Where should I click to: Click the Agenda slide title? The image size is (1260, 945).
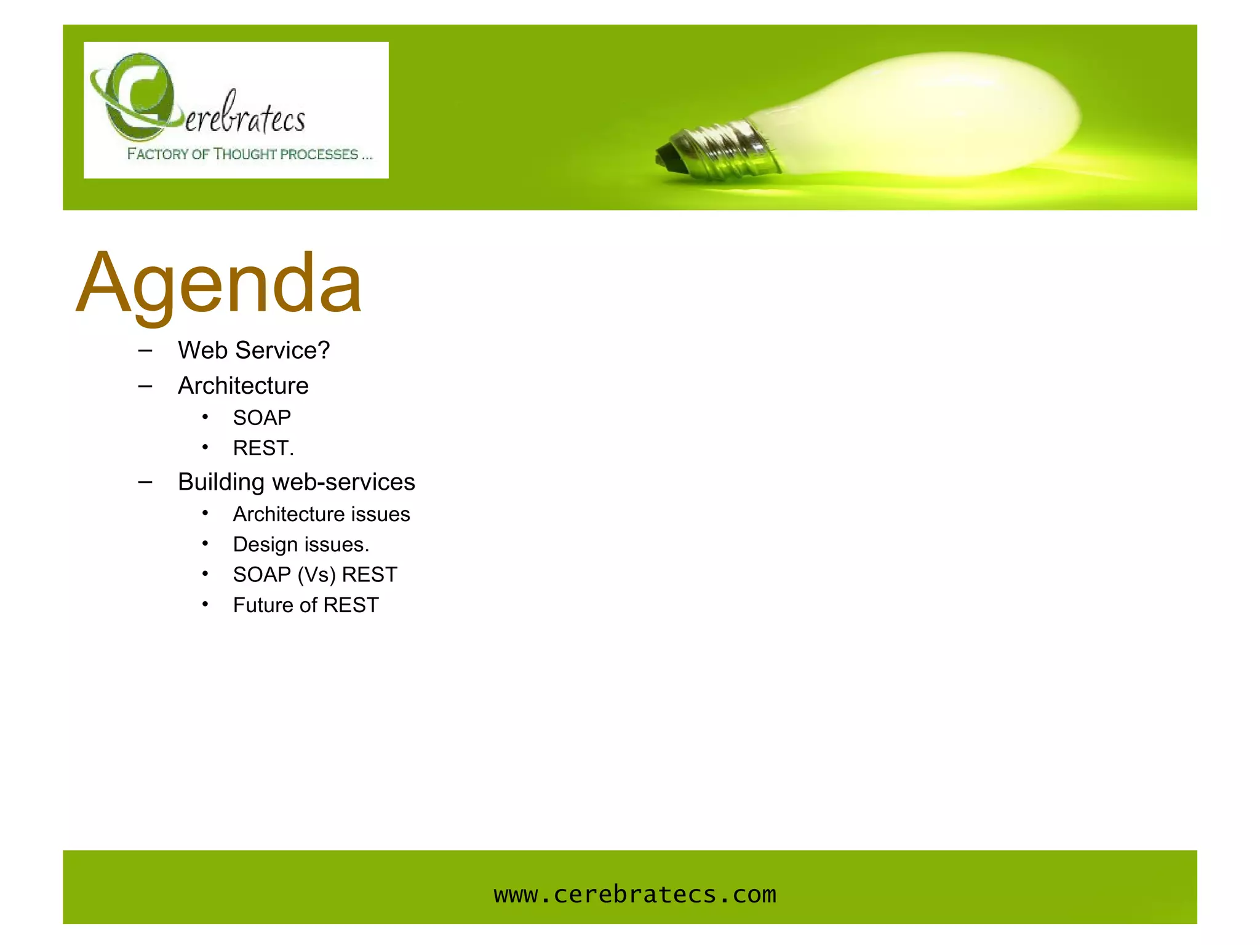point(219,284)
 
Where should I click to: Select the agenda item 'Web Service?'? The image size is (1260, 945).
point(253,351)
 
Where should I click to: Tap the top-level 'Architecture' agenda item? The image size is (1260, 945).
point(243,386)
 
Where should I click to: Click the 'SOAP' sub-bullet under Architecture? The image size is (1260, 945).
point(261,418)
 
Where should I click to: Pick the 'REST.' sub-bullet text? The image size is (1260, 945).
point(263,448)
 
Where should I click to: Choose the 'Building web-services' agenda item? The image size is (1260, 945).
point(296,482)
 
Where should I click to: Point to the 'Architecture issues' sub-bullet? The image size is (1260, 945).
point(321,514)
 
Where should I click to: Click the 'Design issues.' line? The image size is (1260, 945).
point(301,544)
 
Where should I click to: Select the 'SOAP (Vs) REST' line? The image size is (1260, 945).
point(315,575)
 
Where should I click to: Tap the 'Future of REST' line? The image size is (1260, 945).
point(306,605)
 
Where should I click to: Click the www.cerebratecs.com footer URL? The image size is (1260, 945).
point(635,895)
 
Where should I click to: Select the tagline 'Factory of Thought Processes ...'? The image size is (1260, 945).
point(249,154)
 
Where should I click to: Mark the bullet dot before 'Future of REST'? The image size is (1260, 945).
point(205,604)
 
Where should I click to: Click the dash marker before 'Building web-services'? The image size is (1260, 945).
point(145,482)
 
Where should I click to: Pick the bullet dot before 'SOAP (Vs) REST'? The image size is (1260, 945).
point(205,574)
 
